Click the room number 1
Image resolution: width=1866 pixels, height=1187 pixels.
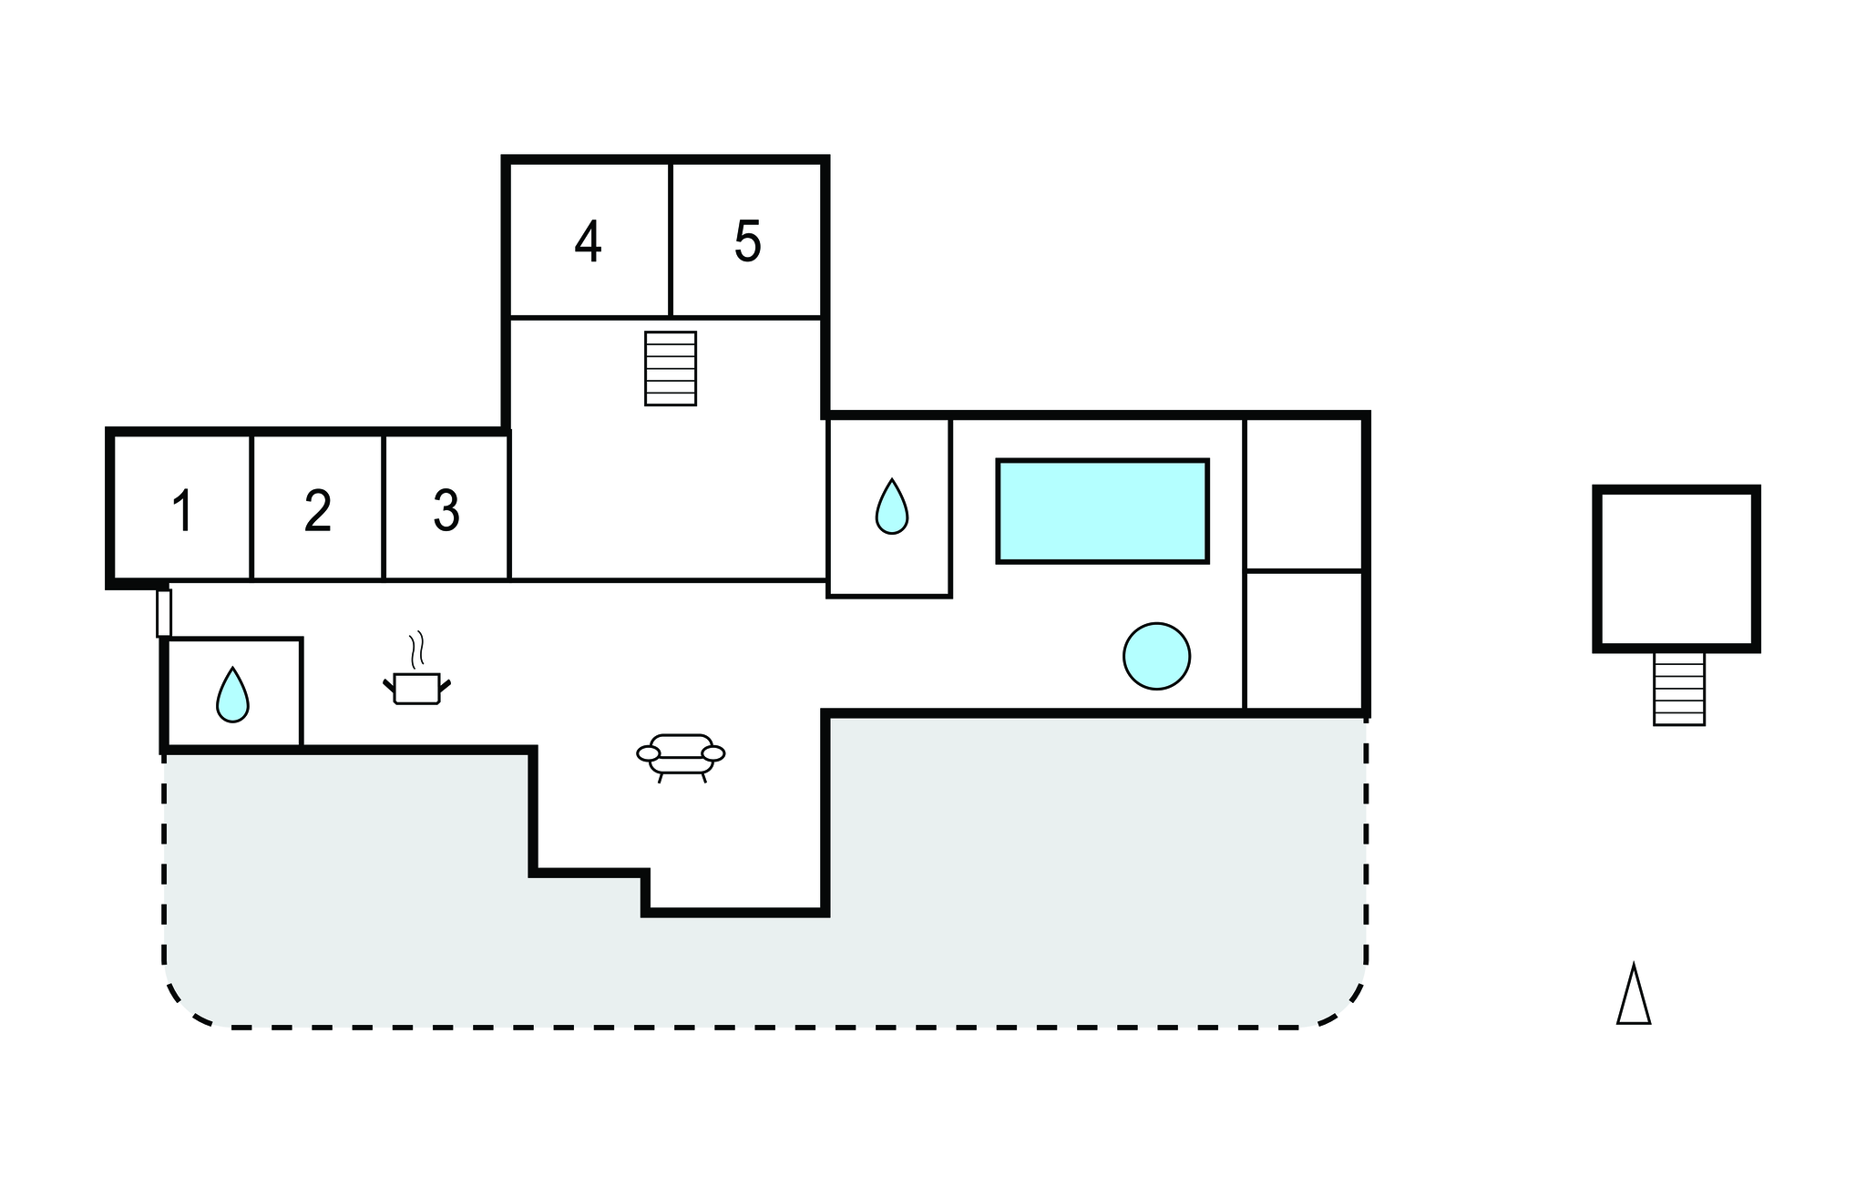pyautogui.click(x=183, y=511)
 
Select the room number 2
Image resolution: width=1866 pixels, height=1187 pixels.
pyautogui.click(x=317, y=511)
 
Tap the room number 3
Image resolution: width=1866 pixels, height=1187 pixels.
pyautogui.click(x=446, y=511)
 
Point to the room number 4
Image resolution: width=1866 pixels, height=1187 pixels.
pyautogui.click(x=589, y=242)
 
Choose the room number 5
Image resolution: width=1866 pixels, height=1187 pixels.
pyautogui.click(x=747, y=242)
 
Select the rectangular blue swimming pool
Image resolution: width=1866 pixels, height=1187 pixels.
pyautogui.click(x=1102, y=511)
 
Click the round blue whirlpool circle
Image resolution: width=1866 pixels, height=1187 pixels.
pyautogui.click(x=1156, y=656)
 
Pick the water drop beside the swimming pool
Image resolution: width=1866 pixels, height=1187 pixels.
pyautogui.click(x=892, y=507)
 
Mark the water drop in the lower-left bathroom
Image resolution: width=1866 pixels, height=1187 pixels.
pyautogui.click(x=232, y=695)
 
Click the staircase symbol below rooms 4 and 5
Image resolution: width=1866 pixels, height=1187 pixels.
pyautogui.click(x=671, y=368)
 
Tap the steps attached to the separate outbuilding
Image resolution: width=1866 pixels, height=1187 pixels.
pyautogui.click(x=1679, y=689)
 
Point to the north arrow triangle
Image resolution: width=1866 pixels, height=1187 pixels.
pyautogui.click(x=1634, y=995)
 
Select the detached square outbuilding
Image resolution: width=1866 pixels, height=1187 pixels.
pyautogui.click(x=1676, y=568)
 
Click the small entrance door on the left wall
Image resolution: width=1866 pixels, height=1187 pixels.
pyautogui.click(x=164, y=613)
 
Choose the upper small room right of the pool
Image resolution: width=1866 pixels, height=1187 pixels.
pyautogui.click(x=1304, y=495)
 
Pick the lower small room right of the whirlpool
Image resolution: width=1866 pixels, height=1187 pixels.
pyautogui.click(x=1304, y=640)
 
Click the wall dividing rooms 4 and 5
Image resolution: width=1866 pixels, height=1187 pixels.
pyautogui.click(x=671, y=240)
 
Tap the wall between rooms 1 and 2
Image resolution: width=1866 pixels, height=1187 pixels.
pyautogui.click(x=251, y=507)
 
